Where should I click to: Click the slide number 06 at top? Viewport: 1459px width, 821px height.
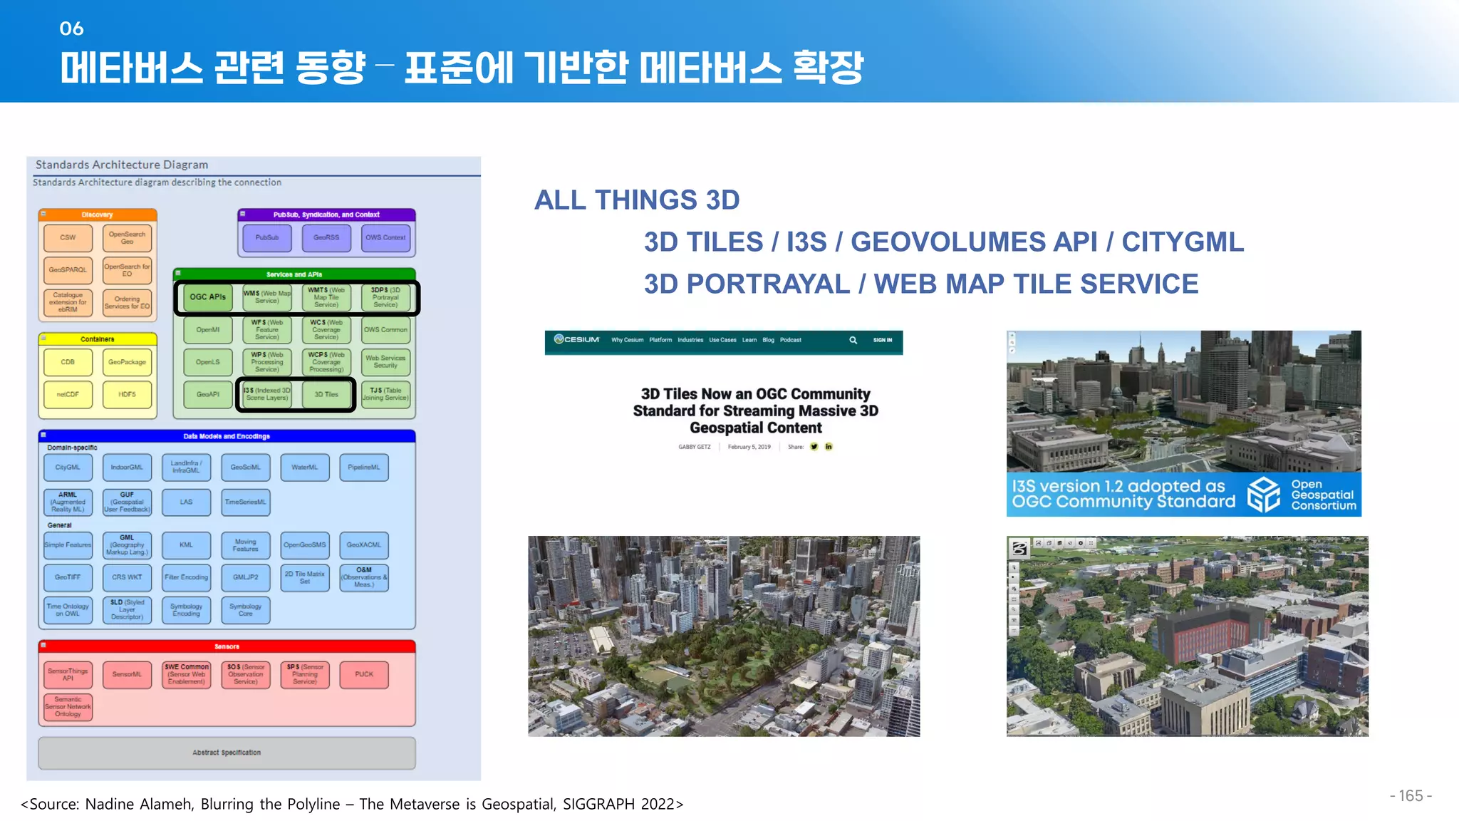(x=71, y=29)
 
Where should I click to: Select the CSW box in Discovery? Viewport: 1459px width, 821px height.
(x=68, y=238)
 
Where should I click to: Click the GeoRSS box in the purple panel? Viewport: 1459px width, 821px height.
(x=326, y=238)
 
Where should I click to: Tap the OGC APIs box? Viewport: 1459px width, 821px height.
(x=207, y=297)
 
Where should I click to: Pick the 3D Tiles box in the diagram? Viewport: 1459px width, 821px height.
(x=326, y=394)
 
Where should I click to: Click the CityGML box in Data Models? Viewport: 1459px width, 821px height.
(x=68, y=468)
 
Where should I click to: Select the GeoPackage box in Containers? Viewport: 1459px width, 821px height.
(x=127, y=362)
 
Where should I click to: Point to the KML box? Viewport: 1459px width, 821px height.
(x=186, y=545)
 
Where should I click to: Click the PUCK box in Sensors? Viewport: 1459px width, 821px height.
(x=364, y=674)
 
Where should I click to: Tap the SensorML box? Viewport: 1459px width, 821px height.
(x=127, y=674)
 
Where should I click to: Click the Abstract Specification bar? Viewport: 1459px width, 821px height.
(x=227, y=753)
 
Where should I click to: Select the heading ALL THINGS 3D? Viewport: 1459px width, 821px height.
(x=637, y=200)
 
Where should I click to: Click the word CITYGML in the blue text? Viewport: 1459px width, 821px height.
(x=1183, y=242)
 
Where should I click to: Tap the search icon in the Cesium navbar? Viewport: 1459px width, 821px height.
(x=853, y=340)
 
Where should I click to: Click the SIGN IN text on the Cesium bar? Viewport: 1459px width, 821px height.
(x=882, y=340)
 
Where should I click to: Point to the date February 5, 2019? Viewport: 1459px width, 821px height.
(x=749, y=447)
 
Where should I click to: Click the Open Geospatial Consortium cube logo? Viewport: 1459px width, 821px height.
(x=1264, y=495)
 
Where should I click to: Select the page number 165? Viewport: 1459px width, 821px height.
(x=1410, y=796)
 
